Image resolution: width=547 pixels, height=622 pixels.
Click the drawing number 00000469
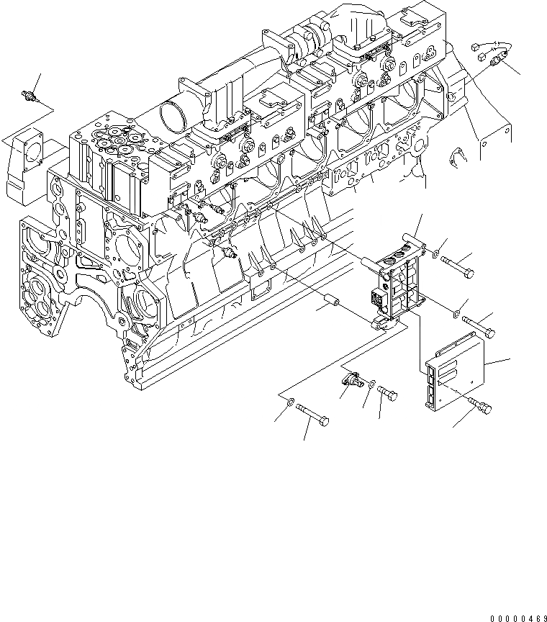click(516, 617)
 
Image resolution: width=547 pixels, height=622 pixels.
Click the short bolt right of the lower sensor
click(389, 392)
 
